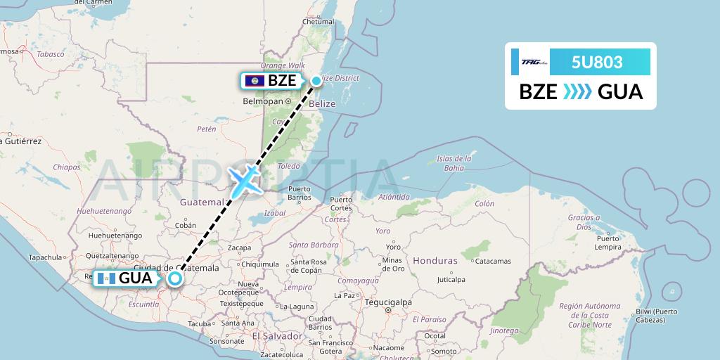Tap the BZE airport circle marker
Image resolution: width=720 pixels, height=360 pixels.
(316, 81)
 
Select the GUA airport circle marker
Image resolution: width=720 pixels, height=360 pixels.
(174, 278)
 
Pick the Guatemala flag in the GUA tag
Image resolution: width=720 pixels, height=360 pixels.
(106, 278)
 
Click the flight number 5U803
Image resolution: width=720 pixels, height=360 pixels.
(597, 62)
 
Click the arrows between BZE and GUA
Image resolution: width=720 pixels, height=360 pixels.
(577, 92)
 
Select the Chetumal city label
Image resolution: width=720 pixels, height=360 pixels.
(317, 22)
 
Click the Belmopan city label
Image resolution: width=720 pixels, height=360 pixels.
(262, 101)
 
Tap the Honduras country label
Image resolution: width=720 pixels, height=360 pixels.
(435, 260)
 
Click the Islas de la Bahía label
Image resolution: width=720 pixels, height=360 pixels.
(455, 163)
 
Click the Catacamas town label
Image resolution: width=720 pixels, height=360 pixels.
(492, 261)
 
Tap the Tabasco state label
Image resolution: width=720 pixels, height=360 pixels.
(51, 54)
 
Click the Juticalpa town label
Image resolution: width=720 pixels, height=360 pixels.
(451, 279)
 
